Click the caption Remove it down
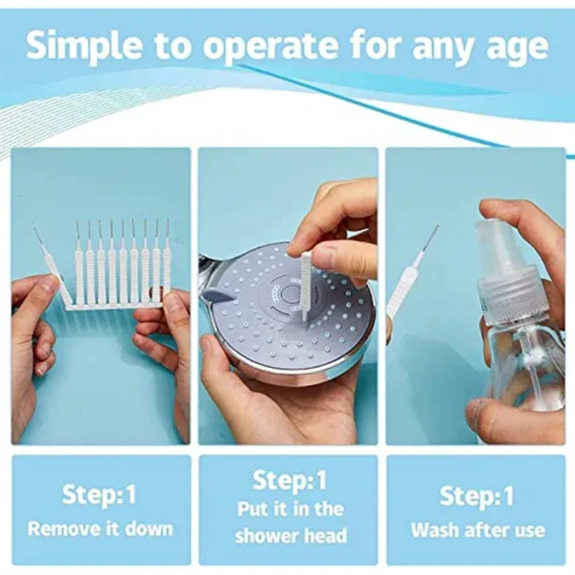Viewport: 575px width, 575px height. (101, 528)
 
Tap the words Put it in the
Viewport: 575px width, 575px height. (288, 509)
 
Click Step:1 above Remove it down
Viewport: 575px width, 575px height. (101, 495)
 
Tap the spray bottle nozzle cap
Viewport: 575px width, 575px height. (503, 251)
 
